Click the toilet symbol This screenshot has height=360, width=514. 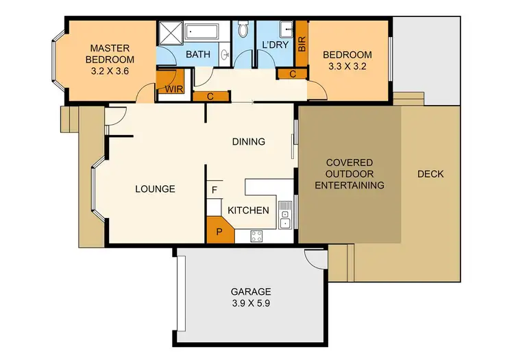243,29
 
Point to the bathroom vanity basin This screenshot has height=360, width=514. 225,55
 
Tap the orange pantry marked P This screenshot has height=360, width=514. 219,231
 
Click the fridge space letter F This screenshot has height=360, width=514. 215,189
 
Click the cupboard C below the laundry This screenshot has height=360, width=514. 293,73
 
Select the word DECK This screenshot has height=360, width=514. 430,174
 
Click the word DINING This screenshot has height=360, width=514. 248,142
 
